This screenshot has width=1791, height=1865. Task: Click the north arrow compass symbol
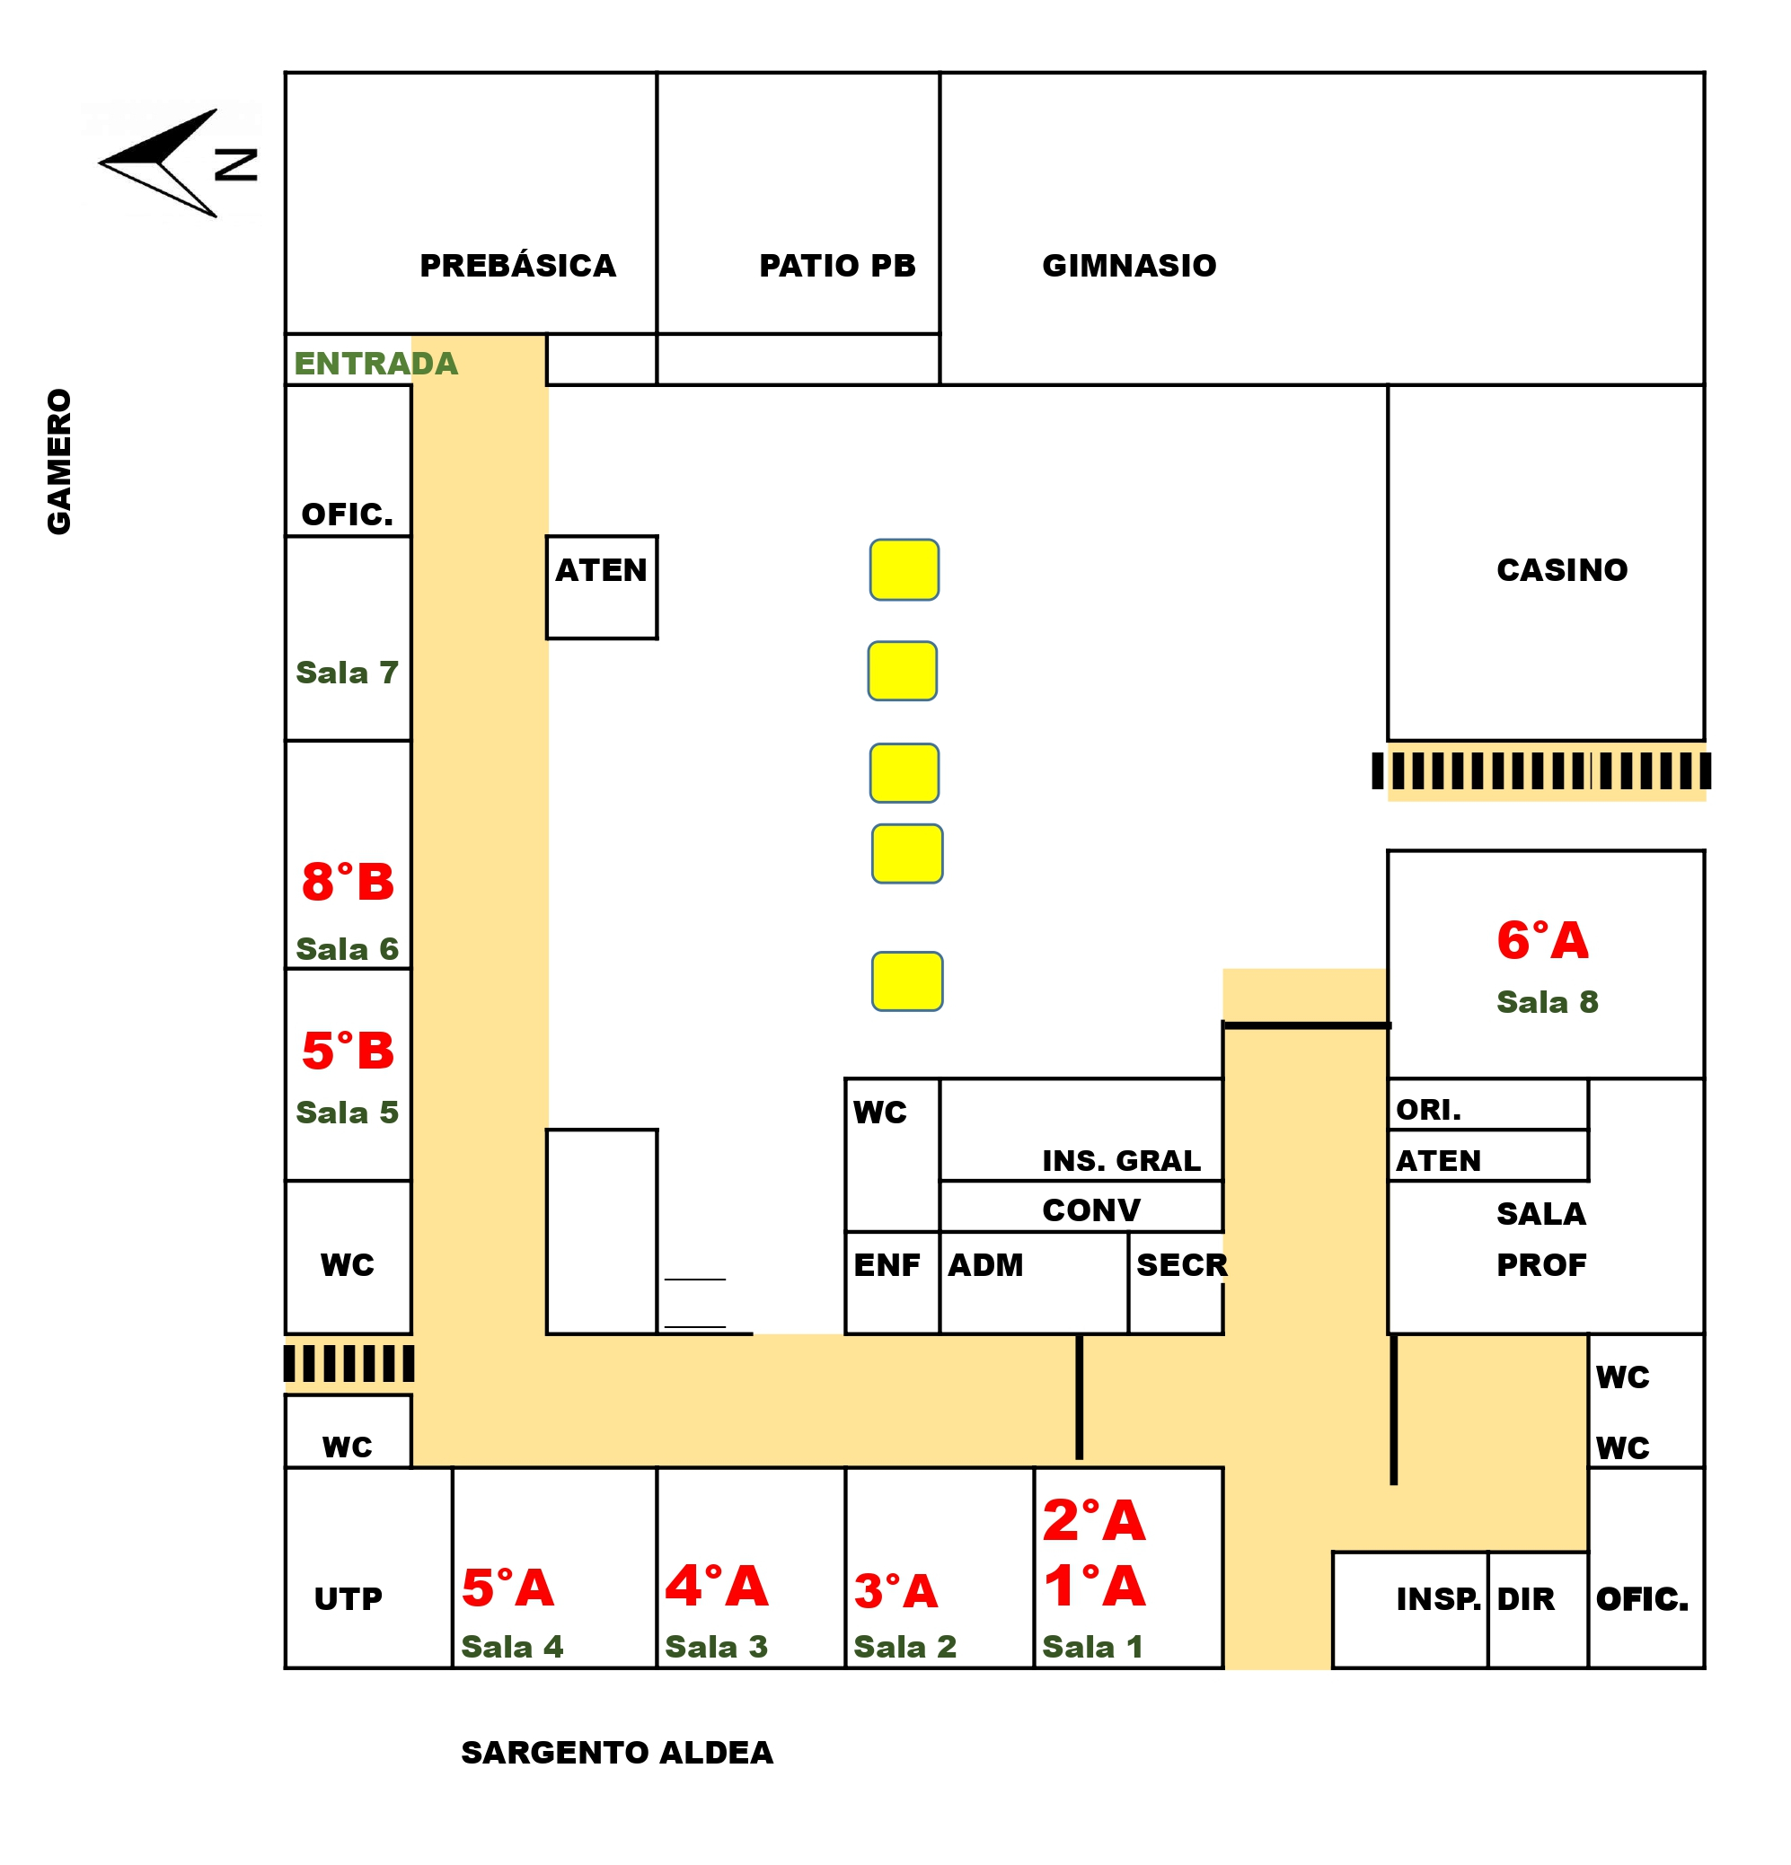click(x=177, y=163)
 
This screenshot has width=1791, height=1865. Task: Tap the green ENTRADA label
click(x=376, y=364)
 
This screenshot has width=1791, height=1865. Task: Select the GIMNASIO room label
click(x=1129, y=266)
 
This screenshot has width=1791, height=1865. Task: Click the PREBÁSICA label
click(x=517, y=266)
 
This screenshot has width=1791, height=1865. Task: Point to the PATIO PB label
click(x=837, y=266)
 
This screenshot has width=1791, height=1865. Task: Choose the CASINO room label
click(x=1562, y=570)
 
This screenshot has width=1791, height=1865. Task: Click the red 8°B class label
click(x=348, y=881)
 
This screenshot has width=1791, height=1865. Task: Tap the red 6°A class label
click(x=1542, y=940)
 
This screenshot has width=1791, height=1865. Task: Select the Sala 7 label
click(x=348, y=673)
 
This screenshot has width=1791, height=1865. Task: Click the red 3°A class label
click(x=895, y=1591)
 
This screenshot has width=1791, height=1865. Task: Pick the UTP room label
click(x=348, y=1598)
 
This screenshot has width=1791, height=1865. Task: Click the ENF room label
click(x=887, y=1264)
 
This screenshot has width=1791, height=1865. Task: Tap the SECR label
click(x=1182, y=1264)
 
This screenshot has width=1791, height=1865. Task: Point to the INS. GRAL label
click(x=1121, y=1161)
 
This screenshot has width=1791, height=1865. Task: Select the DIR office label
click(x=1525, y=1598)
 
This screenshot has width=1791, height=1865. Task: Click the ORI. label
click(x=1428, y=1110)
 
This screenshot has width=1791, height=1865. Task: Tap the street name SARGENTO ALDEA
click(x=617, y=1752)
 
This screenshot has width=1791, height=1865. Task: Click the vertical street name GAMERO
click(x=59, y=462)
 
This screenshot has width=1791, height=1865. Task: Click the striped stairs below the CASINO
click(x=1540, y=770)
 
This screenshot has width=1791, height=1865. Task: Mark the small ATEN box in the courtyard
click(x=602, y=587)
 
